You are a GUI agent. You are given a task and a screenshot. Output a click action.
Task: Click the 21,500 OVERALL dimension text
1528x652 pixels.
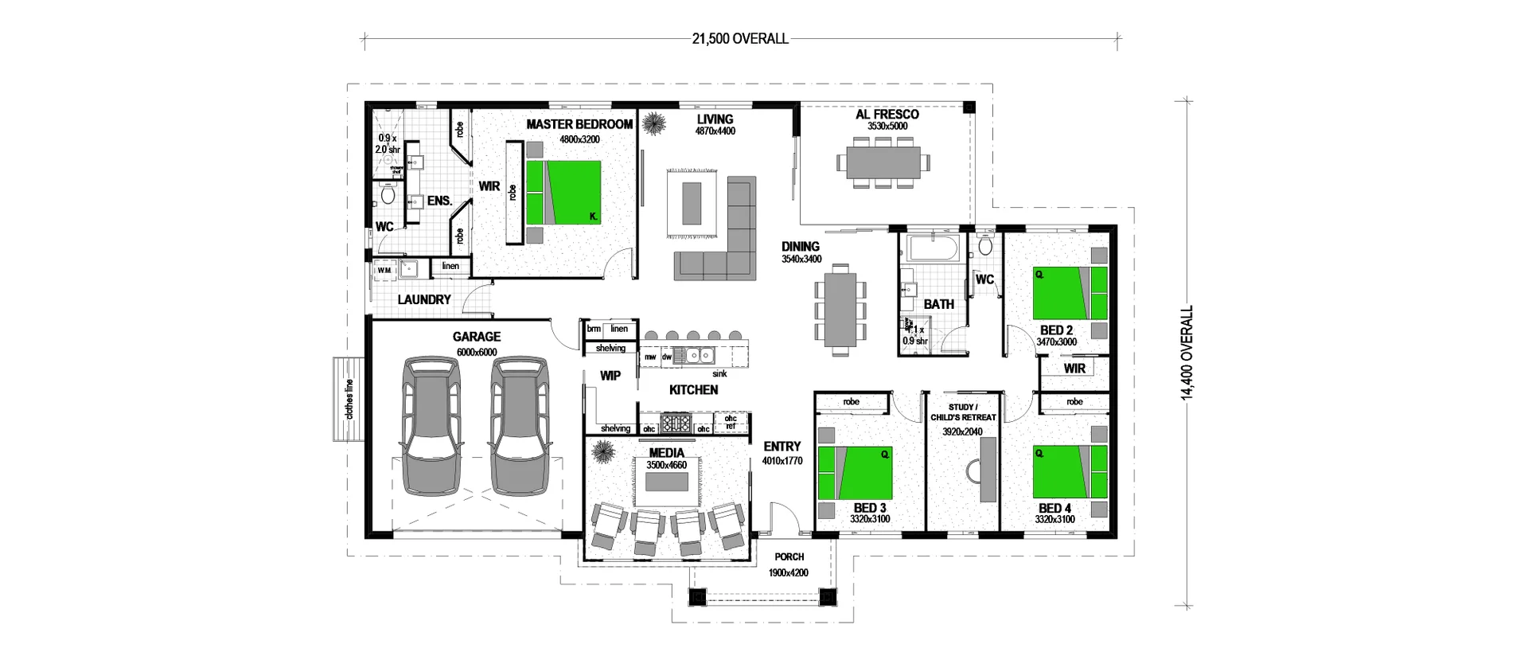pyautogui.click(x=739, y=38)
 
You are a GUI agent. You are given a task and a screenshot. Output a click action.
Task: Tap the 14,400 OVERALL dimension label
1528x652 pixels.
pyautogui.click(x=1187, y=352)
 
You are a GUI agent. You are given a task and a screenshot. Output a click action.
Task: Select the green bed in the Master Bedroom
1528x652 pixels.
pyautogui.click(x=563, y=192)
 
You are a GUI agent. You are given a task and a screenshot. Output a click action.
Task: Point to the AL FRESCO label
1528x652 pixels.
pyautogui.click(x=887, y=115)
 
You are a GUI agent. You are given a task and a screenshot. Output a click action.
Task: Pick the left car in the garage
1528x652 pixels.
pyautogui.click(x=431, y=425)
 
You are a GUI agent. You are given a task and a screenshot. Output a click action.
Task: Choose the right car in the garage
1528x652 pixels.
pyautogui.click(x=517, y=425)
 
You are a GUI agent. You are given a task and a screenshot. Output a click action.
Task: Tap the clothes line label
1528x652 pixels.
pyautogui.click(x=349, y=399)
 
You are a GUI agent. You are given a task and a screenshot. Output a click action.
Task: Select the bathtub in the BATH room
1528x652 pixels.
pyautogui.click(x=931, y=249)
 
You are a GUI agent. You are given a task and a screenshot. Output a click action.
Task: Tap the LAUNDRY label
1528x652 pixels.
pyautogui.click(x=424, y=300)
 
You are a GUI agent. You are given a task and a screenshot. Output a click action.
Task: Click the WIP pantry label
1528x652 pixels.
pyautogui.click(x=610, y=376)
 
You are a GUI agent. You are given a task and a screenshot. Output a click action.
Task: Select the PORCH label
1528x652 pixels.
pyautogui.click(x=789, y=557)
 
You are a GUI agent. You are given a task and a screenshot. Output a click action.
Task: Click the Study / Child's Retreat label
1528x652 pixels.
pyautogui.click(x=962, y=412)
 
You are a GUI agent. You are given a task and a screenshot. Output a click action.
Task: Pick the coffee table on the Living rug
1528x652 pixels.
pyautogui.click(x=692, y=204)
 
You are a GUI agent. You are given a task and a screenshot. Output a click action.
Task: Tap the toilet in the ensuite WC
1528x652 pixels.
pyautogui.click(x=388, y=194)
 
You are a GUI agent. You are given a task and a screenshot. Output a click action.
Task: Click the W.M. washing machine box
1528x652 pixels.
pyautogui.click(x=384, y=271)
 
